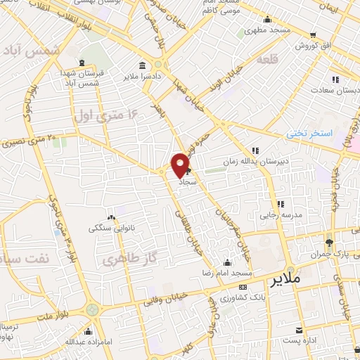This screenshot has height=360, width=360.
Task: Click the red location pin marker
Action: [181, 165]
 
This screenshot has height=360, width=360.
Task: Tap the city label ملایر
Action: [285, 279]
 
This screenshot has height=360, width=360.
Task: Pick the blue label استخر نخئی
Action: [307, 133]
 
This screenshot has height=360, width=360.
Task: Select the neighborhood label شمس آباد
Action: [28, 50]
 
